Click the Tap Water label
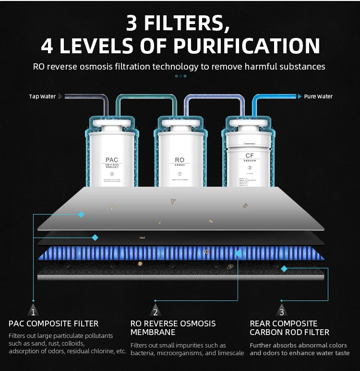(x=42, y=96)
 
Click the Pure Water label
(x=318, y=96)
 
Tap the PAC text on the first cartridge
(x=111, y=160)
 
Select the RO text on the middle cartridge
(x=180, y=160)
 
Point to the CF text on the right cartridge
(x=249, y=156)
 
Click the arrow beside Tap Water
(x=60, y=96)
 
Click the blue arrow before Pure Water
(x=300, y=96)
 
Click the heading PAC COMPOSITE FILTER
(x=53, y=323)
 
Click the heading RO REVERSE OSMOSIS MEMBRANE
(x=173, y=328)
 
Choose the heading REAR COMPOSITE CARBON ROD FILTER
(x=289, y=328)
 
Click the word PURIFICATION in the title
(x=246, y=46)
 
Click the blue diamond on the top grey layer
(x=81, y=215)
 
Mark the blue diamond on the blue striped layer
(x=238, y=253)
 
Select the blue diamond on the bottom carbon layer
(x=284, y=269)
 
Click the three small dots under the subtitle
(x=180, y=76)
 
